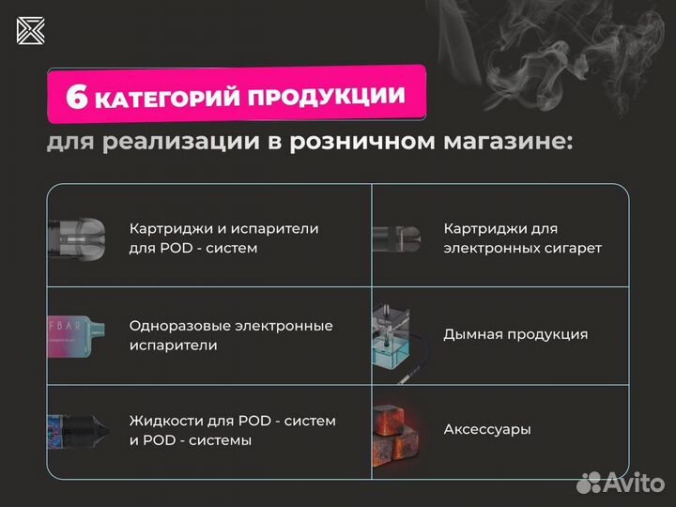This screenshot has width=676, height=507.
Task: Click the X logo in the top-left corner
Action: [30, 30]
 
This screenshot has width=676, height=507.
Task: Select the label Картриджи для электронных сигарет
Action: [522, 238]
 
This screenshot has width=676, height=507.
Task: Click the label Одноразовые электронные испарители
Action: [231, 335]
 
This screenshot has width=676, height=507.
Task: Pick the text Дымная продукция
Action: [515, 334]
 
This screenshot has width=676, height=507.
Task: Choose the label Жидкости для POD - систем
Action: [232, 430]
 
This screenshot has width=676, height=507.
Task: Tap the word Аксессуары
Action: [486, 429]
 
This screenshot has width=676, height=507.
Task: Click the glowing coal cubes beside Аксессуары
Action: [399, 430]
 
